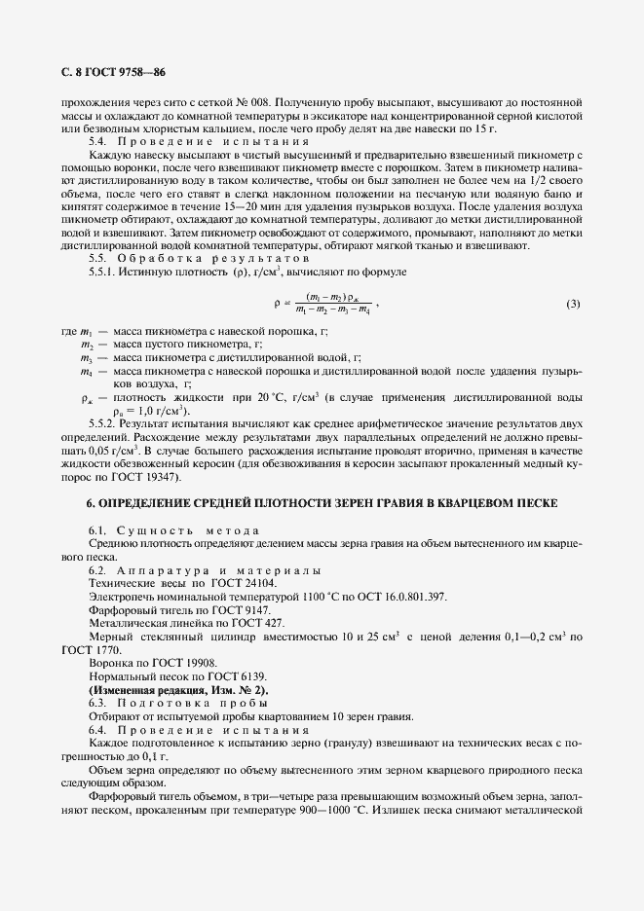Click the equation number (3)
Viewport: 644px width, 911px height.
[x=573, y=304]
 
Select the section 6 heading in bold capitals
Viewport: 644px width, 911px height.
[x=322, y=503]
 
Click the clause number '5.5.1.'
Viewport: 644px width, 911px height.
[x=104, y=272]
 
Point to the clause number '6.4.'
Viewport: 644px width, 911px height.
[x=100, y=729]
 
